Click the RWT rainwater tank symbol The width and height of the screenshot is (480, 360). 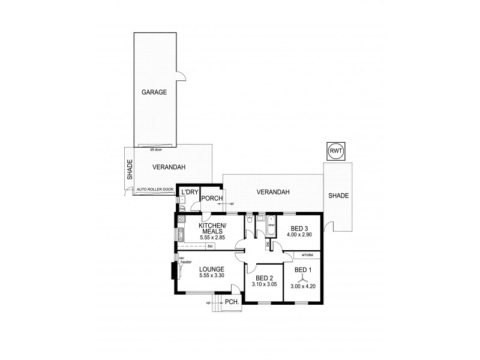click(335, 152)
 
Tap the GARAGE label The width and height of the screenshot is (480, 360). click(154, 92)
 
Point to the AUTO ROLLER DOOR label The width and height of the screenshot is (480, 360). click(155, 190)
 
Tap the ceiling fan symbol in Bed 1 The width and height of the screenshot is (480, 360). click(301, 278)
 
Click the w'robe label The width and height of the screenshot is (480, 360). click(307, 255)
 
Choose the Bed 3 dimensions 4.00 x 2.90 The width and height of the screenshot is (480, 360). click(299, 235)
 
